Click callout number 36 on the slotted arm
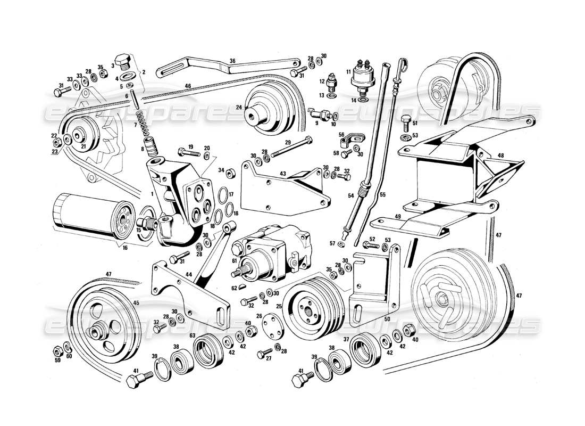tap(232, 61)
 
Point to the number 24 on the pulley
tap(239, 107)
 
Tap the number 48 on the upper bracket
tap(500, 155)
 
